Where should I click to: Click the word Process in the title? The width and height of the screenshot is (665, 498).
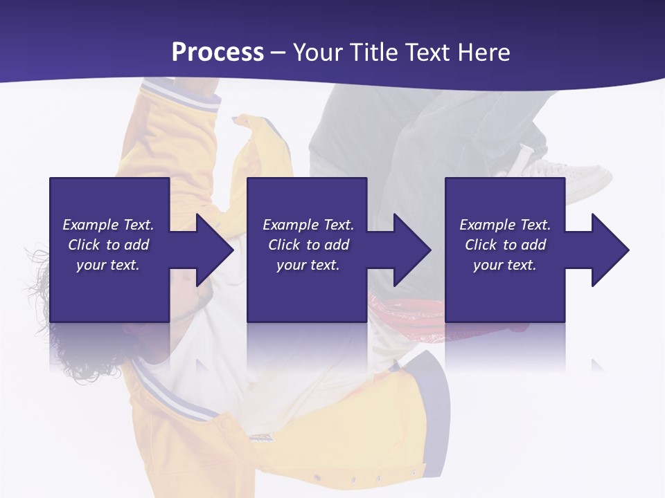[218, 53]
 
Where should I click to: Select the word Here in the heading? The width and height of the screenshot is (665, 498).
[484, 53]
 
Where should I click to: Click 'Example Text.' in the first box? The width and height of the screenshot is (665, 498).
[108, 225]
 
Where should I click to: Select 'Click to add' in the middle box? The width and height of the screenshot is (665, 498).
[308, 245]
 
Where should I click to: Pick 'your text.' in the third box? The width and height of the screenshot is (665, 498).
[505, 265]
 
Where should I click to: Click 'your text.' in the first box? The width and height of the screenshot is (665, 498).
[108, 265]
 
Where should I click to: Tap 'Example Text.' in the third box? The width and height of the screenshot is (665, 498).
[505, 225]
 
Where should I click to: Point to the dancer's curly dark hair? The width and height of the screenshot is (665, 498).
[42, 277]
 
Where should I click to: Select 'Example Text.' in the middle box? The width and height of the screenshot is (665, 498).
[308, 225]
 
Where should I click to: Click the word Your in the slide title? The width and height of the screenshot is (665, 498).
[318, 53]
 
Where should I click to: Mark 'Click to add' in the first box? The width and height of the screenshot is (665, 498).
[108, 245]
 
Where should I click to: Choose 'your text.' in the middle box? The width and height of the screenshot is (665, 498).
[308, 265]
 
